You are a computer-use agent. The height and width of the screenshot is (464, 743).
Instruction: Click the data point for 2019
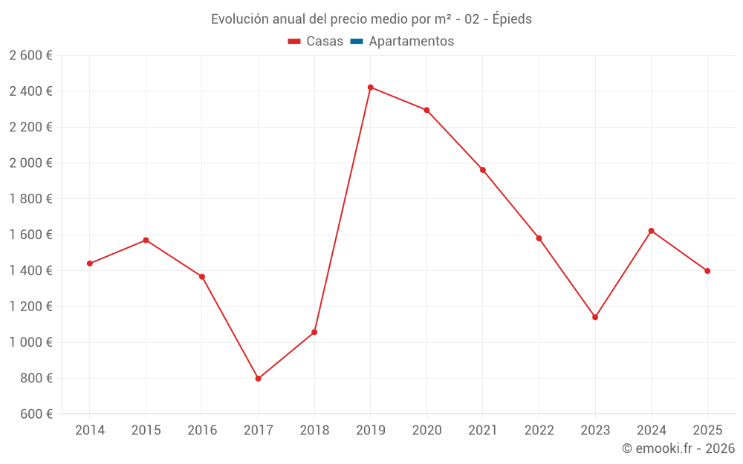(x=371, y=88)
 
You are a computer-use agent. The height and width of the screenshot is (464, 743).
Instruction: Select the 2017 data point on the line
(x=258, y=379)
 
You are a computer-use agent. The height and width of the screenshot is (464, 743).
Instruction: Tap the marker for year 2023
(x=595, y=317)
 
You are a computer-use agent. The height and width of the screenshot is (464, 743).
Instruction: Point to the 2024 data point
(x=652, y=231)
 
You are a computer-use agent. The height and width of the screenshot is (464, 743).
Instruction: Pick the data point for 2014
(x=90, y=264)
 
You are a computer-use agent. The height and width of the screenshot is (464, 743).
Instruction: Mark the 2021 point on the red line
(x=483, y=170)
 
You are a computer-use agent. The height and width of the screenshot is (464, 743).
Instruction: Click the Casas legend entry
(x=316, y=42)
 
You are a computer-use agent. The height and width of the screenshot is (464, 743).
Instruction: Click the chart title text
(x=371, y=19)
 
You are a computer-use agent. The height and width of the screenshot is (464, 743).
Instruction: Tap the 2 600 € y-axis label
(x=30, y=56)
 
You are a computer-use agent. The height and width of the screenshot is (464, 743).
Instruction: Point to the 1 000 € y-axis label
(x=30, y=342)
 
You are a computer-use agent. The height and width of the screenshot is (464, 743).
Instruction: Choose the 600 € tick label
(x=35, y=414)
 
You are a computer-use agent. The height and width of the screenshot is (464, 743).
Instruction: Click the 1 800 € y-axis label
(x=30, y=199)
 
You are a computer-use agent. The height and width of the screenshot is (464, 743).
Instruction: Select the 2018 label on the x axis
(x=314, y=431)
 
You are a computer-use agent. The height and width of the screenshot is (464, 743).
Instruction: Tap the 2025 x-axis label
(x=707, y=431)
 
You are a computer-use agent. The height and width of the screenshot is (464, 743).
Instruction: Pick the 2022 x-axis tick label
(x=539, y=431)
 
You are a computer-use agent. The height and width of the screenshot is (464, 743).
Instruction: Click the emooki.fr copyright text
(x=678, y=448)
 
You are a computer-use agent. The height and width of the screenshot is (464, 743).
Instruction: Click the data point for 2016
(x=202, y=277)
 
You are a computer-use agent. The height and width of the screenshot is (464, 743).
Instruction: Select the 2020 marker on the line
(x=426, y=110)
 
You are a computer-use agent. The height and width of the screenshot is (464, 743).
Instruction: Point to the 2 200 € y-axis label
(x=30, y=127)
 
